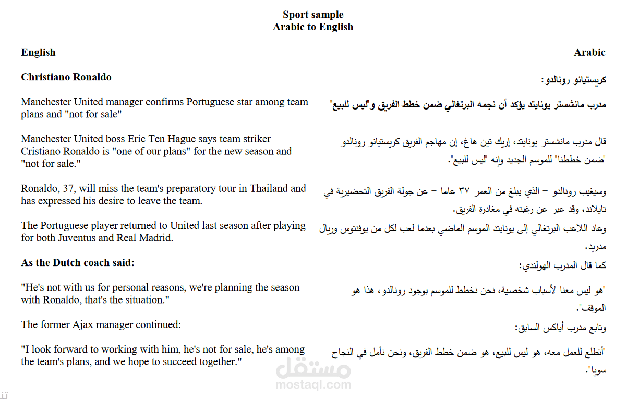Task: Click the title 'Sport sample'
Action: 313,14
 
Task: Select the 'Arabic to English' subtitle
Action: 313,27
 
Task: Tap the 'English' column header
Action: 38,52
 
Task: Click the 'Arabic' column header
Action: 589,52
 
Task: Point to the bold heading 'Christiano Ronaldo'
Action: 66,77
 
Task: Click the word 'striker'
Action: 254,139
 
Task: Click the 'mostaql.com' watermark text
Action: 313,385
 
